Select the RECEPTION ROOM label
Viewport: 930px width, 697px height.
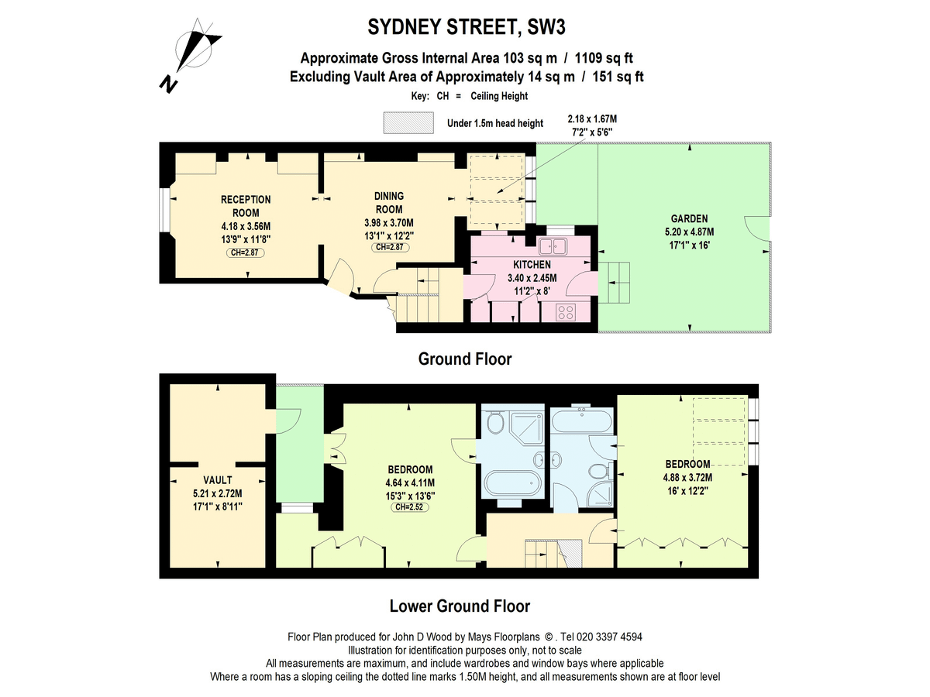246,206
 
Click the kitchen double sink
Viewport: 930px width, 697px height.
554,246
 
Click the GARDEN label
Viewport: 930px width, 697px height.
689,218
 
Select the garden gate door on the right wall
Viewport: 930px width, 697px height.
757,229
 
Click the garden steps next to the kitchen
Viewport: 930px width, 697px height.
619,284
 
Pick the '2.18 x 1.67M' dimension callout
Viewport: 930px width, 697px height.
592,119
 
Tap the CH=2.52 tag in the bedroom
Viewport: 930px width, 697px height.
410,506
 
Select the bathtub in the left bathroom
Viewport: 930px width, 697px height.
511,481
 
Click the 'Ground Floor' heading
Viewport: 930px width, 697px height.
465,359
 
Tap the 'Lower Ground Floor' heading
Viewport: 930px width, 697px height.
460,606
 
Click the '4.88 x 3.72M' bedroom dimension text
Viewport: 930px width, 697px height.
687,477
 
